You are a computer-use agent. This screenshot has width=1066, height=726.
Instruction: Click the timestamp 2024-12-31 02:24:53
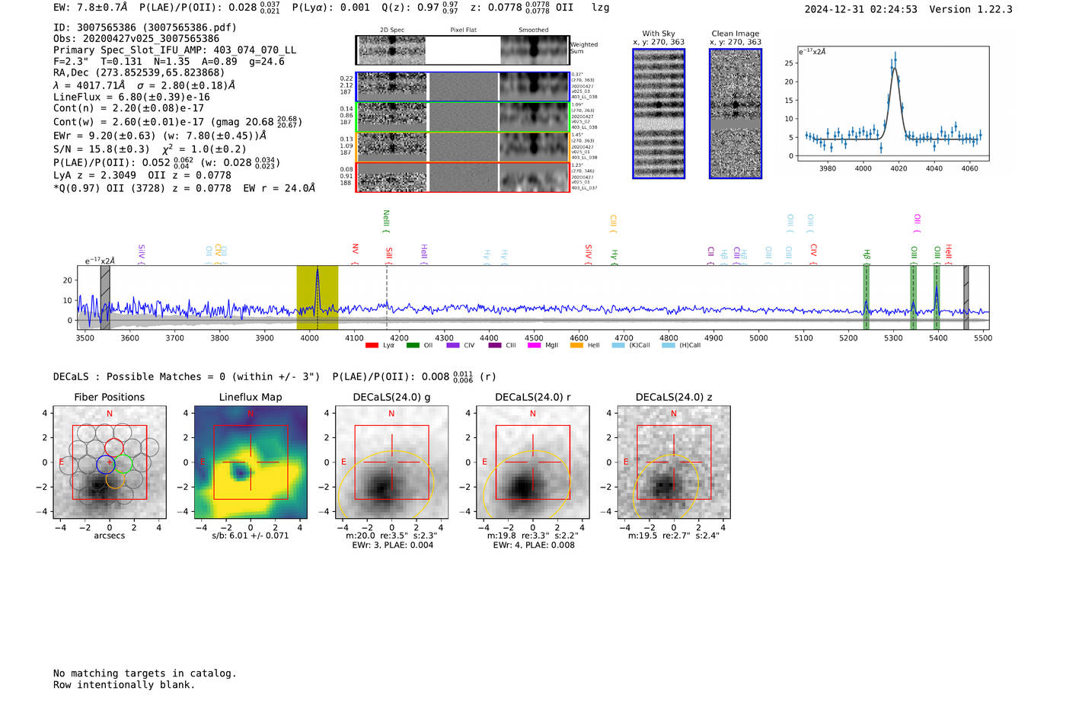tap(860, 9)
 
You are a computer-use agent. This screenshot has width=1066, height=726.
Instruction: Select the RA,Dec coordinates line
tap(139, 72)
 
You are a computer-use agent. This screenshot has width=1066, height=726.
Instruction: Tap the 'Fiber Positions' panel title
tap(109, 397)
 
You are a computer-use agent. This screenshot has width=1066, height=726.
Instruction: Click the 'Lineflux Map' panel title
tap(251, 397)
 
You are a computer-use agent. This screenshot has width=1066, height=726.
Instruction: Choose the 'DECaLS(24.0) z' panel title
tap(673, 397)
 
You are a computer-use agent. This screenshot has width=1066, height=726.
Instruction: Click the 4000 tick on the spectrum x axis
tap(309, 338)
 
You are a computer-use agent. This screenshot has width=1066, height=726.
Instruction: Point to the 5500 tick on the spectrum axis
tap(982, 338)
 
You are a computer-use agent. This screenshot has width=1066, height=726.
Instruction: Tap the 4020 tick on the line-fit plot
tap(898, 168)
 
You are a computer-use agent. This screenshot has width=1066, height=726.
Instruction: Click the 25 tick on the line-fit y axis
tap(789, 63)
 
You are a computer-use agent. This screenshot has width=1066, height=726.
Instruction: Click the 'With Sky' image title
tap(659, 34)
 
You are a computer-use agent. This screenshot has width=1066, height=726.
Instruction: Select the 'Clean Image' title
tap(735, 34)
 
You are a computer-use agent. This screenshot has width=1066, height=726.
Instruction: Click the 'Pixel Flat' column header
tap(463, 30)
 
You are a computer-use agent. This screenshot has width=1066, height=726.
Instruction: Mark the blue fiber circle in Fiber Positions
tap(106, 463)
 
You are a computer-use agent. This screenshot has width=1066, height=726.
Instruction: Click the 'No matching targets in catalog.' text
tap(145, 673)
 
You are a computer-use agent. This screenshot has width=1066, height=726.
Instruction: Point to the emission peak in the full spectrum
tap(318, 271)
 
